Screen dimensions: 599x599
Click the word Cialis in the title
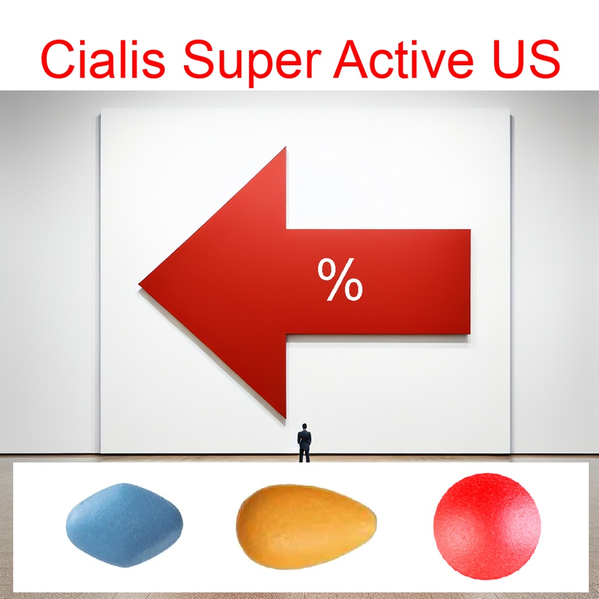[x=103, y=58]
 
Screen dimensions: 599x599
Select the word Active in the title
[x=403, y=58]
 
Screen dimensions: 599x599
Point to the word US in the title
[x=526, y=59]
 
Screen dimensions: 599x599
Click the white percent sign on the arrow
[x=340, y=279]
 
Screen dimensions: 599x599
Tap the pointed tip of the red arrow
[x=139, y=284]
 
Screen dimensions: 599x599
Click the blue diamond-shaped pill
[x=124, y=525]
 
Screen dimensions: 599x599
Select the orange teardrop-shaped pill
[x=306, y=526]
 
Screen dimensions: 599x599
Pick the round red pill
[x=487, y=526]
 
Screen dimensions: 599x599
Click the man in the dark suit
[x=304, y=443]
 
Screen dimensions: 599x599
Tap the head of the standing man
[x=304, y=426]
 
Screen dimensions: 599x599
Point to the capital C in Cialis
[x=58, y=59]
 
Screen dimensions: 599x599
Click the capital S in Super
[x=200, y=59]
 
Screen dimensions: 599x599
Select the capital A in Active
[x=352, y=59]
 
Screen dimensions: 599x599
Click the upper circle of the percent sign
[x=327, y=269]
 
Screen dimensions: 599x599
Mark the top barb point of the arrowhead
[x=286, y=147]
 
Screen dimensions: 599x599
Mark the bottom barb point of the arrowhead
[x=285, y=418]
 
